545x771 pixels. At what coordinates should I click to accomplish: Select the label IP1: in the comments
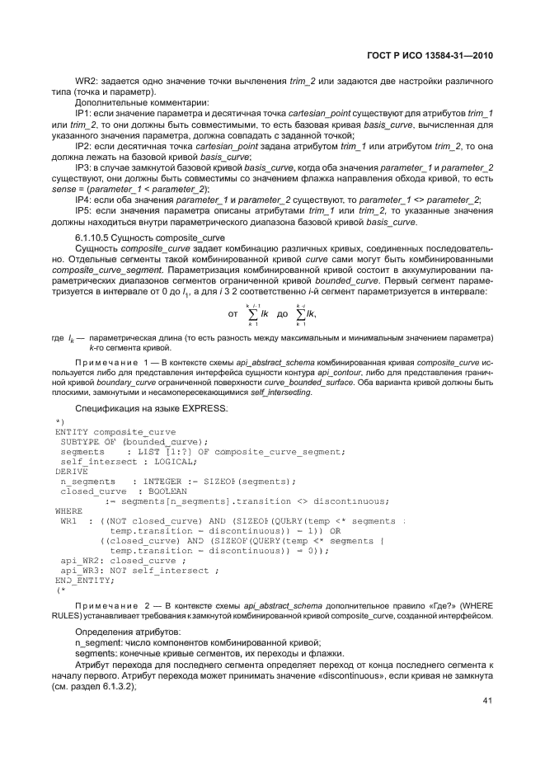click(84, 112)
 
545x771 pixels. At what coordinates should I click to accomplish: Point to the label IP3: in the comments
click(84, 168)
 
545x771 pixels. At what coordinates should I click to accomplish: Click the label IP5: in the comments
click(84, 210)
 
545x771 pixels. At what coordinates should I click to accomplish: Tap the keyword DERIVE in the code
click(70, 471)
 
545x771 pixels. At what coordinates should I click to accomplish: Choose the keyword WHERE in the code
click(68, 510)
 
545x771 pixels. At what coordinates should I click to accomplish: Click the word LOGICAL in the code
click(180, 461)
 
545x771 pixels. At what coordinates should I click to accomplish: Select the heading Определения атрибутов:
click(121, 631)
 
